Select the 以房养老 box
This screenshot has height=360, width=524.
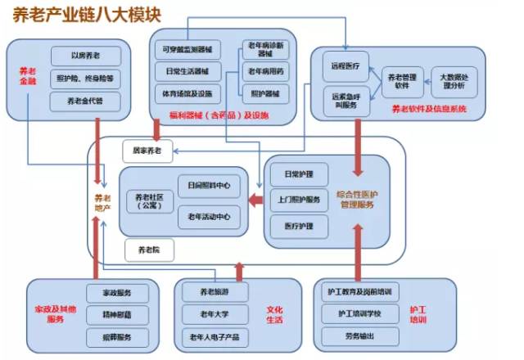tap(86, 56)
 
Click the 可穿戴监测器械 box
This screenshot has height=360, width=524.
tap(187, 50)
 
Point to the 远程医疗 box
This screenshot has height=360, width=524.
tap(347, 62)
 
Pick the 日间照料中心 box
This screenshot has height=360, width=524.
tap(208, 186)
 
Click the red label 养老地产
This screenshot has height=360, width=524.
tap(102, 203)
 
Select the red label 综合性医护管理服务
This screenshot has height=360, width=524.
tap(357, 199)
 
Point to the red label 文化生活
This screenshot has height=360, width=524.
tap(274, 316)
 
